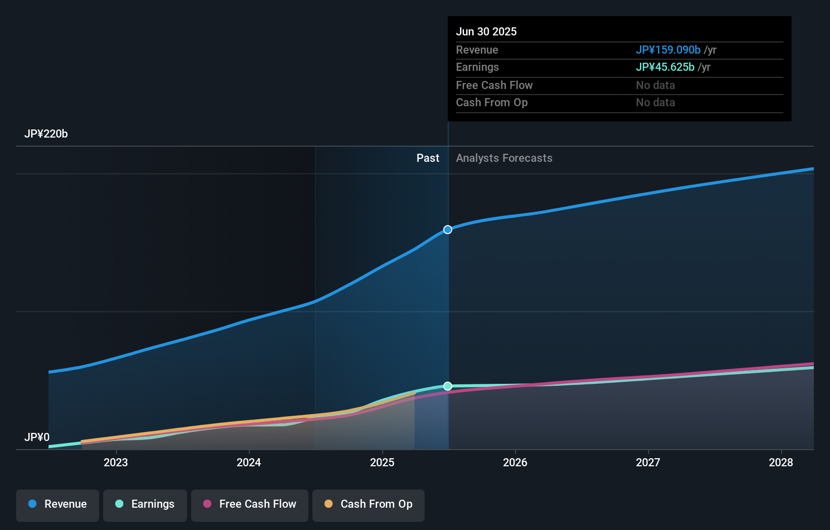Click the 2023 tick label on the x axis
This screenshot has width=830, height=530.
(116, 462)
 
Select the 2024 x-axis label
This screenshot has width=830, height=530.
(249, 462)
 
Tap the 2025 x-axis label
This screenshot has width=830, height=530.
(382, 462)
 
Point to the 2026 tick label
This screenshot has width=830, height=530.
(515, 462)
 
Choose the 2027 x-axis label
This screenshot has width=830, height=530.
(648, 462)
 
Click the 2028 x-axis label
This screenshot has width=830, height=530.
(781, 462)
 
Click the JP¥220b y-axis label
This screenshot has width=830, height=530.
(46, 134)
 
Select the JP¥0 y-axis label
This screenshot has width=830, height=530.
(37, 437)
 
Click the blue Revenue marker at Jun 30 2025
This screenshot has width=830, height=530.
(448, 230)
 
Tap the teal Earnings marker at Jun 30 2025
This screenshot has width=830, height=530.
(448, 386)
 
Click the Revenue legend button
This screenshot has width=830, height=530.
(58, 504)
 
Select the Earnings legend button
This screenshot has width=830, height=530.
(145, 504)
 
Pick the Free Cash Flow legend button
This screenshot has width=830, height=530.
(250, 504)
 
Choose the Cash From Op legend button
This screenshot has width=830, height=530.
(368, 504)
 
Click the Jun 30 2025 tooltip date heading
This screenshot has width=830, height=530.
(486, 31)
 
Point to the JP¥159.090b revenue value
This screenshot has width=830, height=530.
(668, 50)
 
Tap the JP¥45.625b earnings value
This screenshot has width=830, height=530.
(665, 67)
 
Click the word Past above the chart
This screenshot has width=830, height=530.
(428, 158)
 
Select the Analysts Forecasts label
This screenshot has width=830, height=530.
(504, 158)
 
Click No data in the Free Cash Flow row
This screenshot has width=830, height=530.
(655, 85)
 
